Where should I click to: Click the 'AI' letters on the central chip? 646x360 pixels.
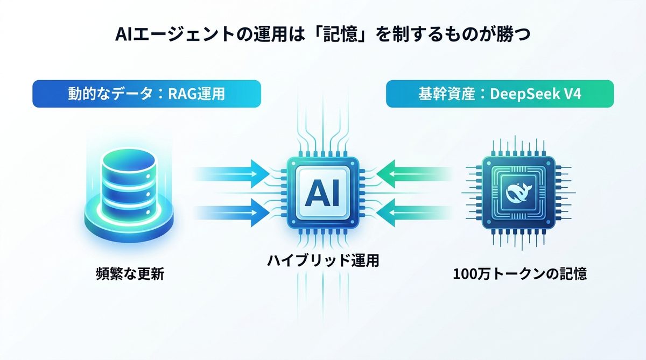point(322,195)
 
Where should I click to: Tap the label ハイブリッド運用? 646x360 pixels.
point(323,262)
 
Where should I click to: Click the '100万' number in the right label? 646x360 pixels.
point(468,274)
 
